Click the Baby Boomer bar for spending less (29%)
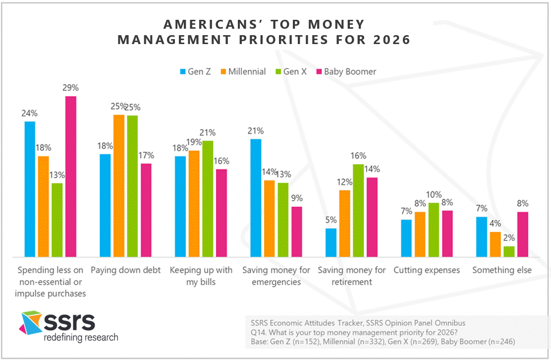click(x=71, y=176)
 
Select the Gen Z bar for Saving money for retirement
click(x=331, y=243)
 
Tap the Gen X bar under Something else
click(x=508, y=252)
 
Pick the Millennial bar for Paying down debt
click(x=119, y=186)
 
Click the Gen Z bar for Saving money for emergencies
click(x=256, y=198)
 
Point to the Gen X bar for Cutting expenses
click(x=434, y=230)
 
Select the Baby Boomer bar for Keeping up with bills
click(x=221, y=213)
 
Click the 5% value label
click(x=331, y=220)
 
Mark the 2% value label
click(x=508, y=238)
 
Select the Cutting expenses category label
click(x=427, y=270)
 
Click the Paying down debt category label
click(x=126, y=270)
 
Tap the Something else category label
click(x=501, y=270)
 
